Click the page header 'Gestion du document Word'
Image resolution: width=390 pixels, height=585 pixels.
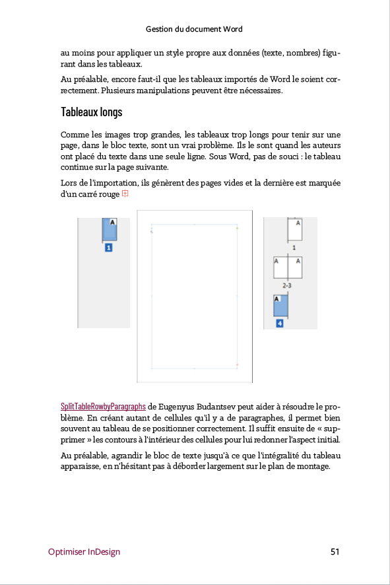[194, 29]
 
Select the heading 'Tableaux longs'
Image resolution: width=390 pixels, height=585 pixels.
[91, 112]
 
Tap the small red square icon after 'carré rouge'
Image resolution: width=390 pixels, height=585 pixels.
[125, 194]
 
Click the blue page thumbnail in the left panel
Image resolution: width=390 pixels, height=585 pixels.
[109, 229]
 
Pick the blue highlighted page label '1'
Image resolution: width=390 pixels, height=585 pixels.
[109, 248]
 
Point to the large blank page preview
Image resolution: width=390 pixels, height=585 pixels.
[195, 296]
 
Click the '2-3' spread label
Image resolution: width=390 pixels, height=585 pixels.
[287, 285]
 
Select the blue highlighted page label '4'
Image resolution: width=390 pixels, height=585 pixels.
[280, 323]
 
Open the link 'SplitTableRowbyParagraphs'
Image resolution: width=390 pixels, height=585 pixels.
[103, 406]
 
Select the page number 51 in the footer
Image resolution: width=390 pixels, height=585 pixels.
[335, 551]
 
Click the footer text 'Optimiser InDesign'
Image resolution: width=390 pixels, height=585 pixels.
[84, 551]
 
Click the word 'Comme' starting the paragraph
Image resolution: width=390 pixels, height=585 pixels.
[73, 134]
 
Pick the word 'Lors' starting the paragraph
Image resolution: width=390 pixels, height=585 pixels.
[69, 182]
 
